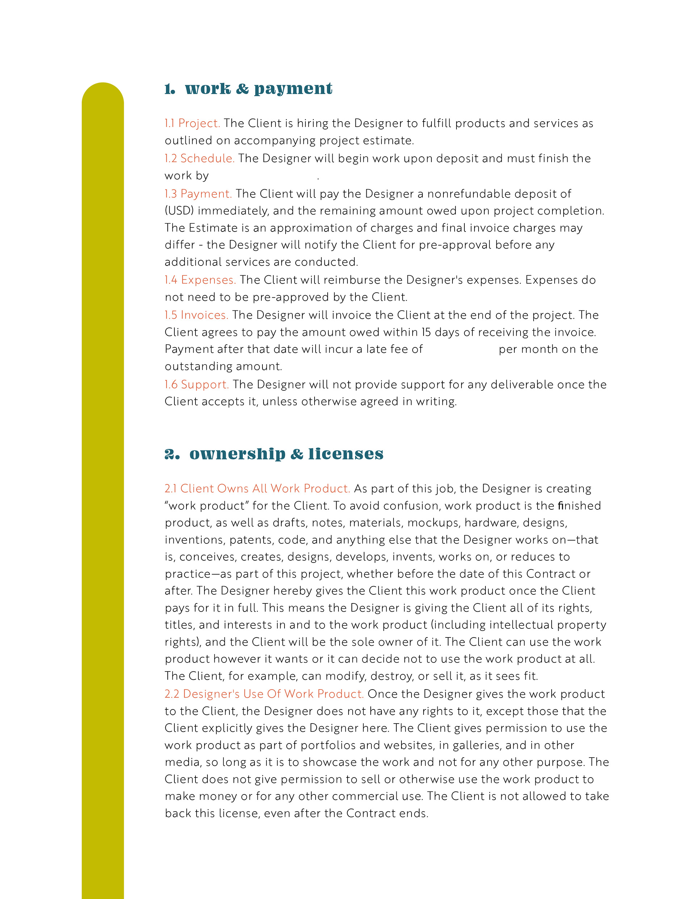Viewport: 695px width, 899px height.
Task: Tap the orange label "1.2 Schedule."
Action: click(199, 158)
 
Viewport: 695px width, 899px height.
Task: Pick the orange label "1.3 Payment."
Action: click(198, 194)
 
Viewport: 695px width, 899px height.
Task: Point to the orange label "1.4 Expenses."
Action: click(200, 280)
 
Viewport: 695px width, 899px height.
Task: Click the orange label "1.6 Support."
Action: click(197, 385)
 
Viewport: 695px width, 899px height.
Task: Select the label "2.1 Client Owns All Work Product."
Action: click(257, 489)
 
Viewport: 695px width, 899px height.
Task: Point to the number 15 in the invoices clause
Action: click(426, 332)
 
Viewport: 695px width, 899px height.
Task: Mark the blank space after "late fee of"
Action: click(460, 349)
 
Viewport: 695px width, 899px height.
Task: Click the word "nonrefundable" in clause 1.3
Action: click(468, 194)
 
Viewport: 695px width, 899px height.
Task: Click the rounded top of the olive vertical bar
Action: click(103, 93)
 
